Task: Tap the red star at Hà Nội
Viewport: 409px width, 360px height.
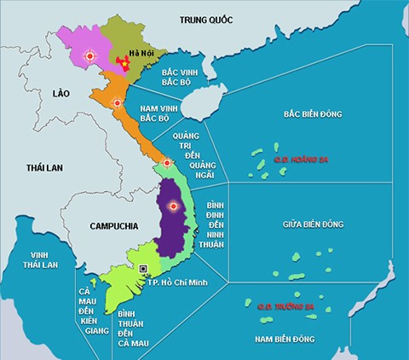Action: click(126, 62)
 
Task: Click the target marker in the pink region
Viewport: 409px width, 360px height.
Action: click(89, 56)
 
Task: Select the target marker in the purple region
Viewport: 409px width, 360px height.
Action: click(172, 206)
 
